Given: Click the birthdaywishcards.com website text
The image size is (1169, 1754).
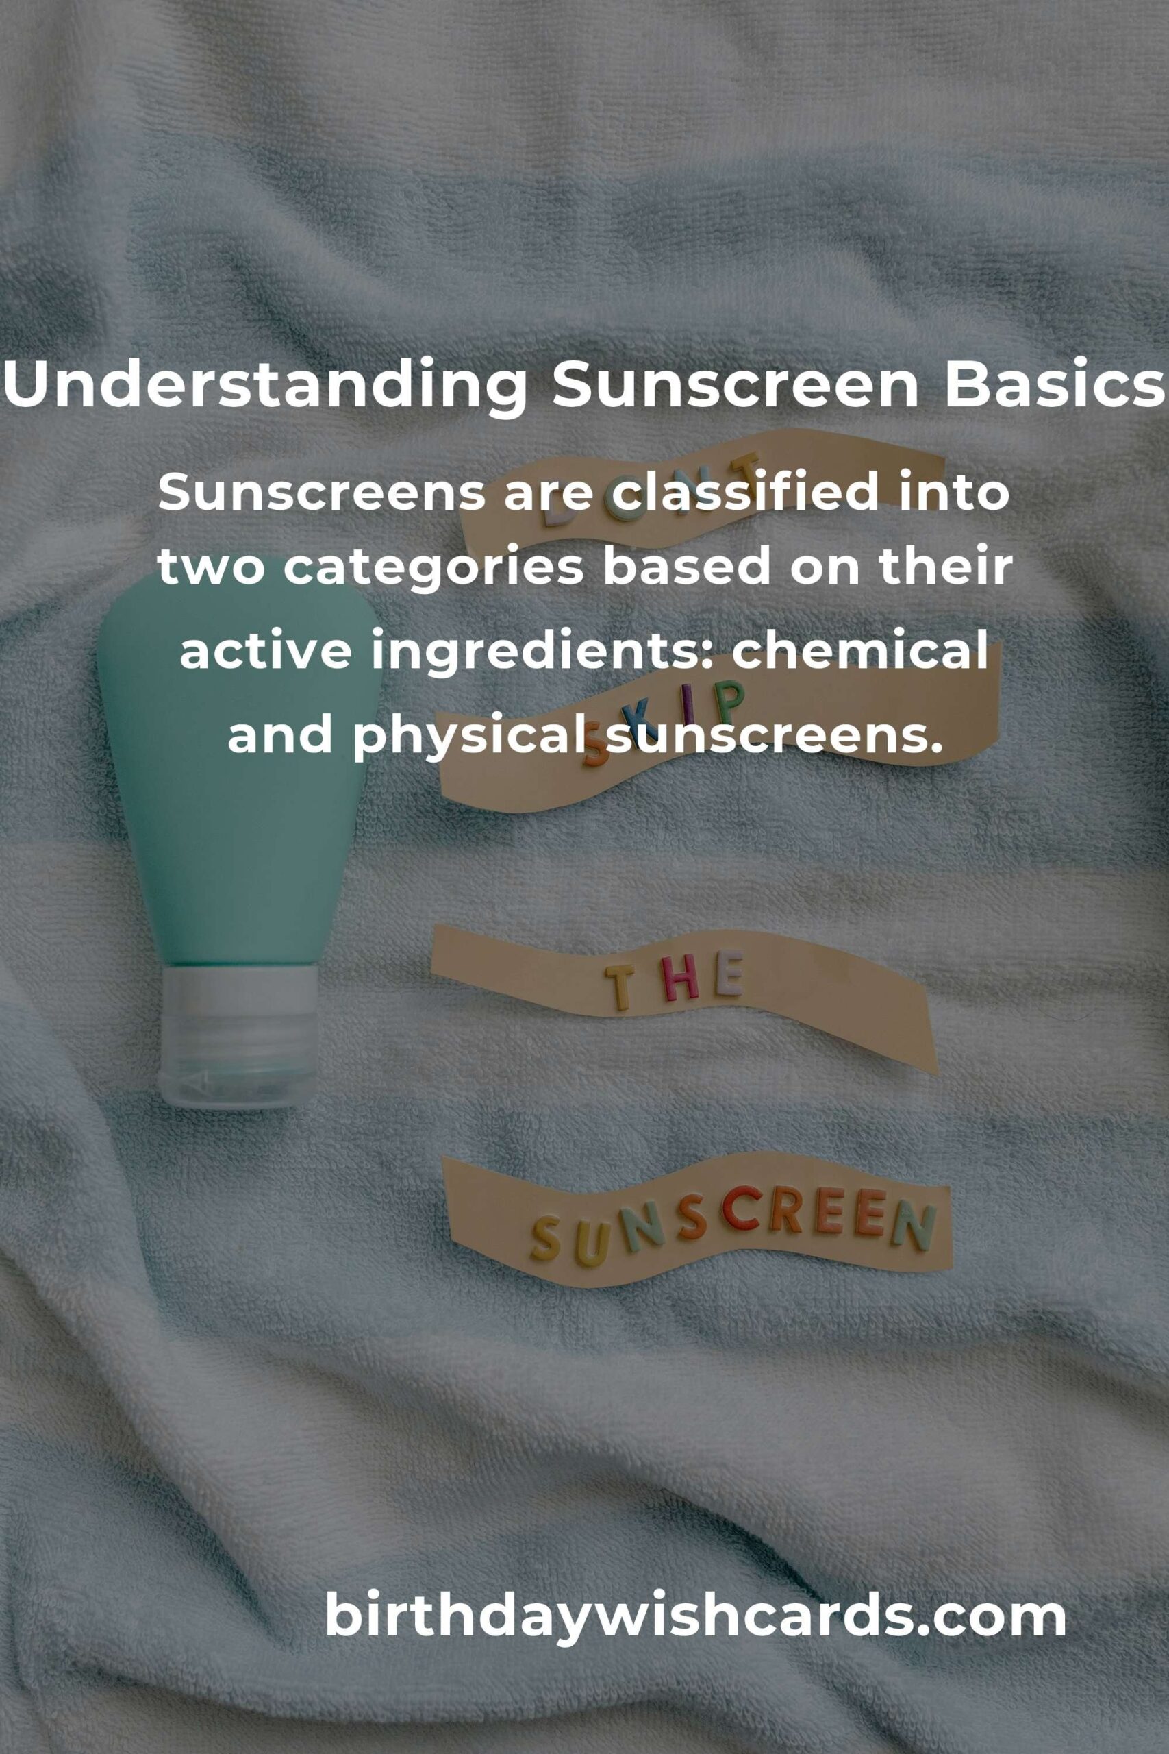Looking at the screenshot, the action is (x=696, y=1616).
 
